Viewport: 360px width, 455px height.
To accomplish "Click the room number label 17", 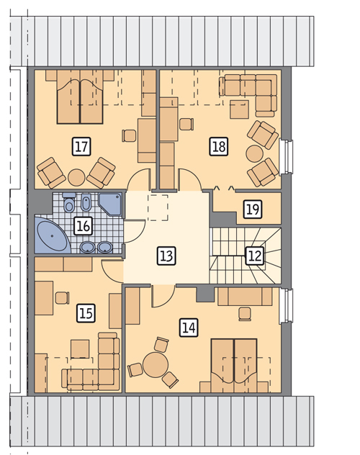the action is click(x=81, y=147).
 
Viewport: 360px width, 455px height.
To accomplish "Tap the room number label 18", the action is click(x=219, y=146).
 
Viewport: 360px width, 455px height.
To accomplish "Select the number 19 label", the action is click(x=253, y=209).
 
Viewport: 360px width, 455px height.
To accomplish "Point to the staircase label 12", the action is click(x=255, y=256).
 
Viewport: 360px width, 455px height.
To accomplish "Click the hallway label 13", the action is click(x=166, y=256).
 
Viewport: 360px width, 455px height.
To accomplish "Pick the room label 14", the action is click(x=189, y=328).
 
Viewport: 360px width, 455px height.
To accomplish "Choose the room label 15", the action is click(x=86, y=313).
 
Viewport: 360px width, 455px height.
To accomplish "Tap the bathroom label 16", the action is click(x=84, y=226).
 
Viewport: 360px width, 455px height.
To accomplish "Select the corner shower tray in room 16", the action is click(x=110, y=204).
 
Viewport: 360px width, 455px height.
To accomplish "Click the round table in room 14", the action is click(x=156, y=365).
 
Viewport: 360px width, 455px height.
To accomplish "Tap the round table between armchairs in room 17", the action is click(x=76, y=177).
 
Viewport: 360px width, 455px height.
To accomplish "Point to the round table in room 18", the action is click(x=255, y=154).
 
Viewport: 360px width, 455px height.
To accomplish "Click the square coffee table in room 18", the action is click(x=239, y=109).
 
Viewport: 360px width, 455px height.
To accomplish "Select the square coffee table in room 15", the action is click(x=80, y=349).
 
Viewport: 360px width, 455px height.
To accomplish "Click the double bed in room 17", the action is click(x=80, y=97).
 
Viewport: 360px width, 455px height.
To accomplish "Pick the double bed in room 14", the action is click(x=234, y=366).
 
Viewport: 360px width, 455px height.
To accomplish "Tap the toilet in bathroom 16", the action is click(x=69, y=202).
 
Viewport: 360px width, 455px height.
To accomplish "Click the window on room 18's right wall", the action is click(x=287, y=157).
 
